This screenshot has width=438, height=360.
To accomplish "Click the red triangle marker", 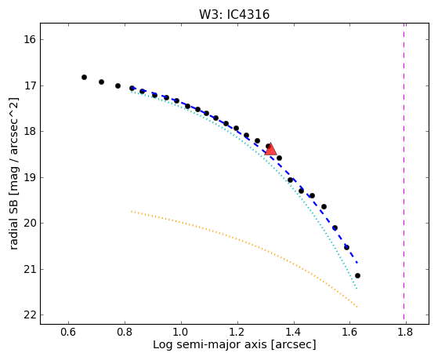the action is click(x=270, y=149).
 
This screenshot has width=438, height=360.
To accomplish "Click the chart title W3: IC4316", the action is click(x=234, y=15).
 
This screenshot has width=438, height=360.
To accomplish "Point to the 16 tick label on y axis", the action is click(x=30, y=40).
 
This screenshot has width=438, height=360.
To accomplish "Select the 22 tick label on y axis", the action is click(x=30, y=315).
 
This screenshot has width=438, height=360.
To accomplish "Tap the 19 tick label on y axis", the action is click(x=30, y=177).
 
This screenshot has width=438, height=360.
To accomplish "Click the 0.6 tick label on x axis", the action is click(x=68, y=332).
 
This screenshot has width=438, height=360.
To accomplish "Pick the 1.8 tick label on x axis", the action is click(x=406, y=332).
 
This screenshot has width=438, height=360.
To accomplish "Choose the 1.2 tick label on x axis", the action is click(x=237, y=332).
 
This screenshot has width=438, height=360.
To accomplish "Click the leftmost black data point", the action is click(x=84, y=77).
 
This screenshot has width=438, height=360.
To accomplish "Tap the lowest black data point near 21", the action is click(x=357, y=276).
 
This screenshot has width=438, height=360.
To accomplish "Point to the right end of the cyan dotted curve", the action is click(x=357, y=289).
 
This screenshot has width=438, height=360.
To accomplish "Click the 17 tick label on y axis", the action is click(x=30, y=85).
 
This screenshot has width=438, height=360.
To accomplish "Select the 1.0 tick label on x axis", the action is click(x=181, y=332).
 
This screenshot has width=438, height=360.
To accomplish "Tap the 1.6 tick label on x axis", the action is click(x=349, y=332).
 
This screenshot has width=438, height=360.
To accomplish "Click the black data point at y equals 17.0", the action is click(x=118, y=85).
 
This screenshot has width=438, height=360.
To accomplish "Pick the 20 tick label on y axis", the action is click(x=30, y=224).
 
